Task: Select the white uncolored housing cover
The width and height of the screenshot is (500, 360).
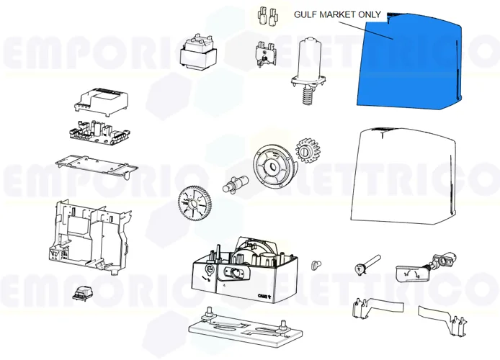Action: [400, 176]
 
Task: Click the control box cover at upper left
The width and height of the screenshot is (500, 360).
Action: [102, 100]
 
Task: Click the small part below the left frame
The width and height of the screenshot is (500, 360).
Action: [81, 294]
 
